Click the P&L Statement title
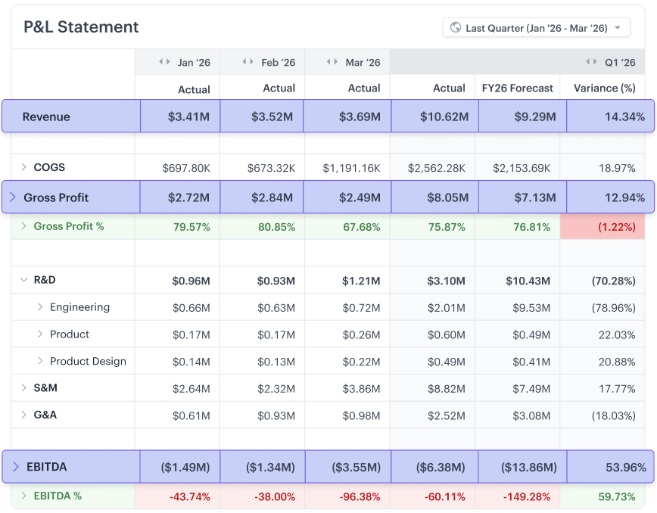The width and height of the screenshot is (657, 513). point(81,27)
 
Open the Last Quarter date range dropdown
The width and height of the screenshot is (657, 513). point(536,28)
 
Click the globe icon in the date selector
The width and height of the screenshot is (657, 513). point(456,28)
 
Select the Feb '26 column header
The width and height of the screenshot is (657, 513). point(278,63)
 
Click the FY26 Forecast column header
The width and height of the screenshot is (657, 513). point(518,89)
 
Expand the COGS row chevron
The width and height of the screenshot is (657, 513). point(23,167)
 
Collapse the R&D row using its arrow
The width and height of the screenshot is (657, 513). point(23,280)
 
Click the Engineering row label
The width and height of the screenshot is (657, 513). point(79,307)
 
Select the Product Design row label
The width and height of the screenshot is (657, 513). point(88,362)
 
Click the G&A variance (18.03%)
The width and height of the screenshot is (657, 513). point(613,415)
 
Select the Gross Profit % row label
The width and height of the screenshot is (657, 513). point(69,226)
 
